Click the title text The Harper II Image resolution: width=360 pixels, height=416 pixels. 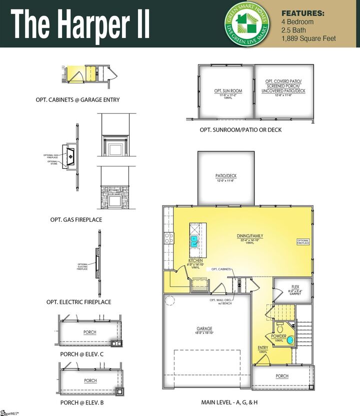pyautogui.click(x=80, y=23)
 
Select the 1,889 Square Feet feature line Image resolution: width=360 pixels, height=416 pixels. pyautogui.click(x=308, y=38)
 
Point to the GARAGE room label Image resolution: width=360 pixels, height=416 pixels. pyautogui.click(x=204, y=329)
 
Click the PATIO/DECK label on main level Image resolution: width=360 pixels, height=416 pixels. pyautogui.click(x=226, y=175)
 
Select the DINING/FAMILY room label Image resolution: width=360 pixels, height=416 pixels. pyautogui.click(x=250, y=236)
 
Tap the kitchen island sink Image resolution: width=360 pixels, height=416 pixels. pyautogui.click(x=193, y=242)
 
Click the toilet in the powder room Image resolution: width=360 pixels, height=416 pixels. pyautogui.click(x=280, y=328)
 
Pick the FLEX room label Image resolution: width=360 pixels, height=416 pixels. pyautogui.click(x=295, y=287)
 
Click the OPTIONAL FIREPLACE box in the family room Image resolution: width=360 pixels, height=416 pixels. pyautogui.click(x=303, y=242)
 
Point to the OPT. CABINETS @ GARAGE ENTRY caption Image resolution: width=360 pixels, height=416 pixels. pyautogui.click(x=77, y=100)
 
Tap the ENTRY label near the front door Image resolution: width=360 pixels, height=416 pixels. pyautogui.click(x=263, y=349)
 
